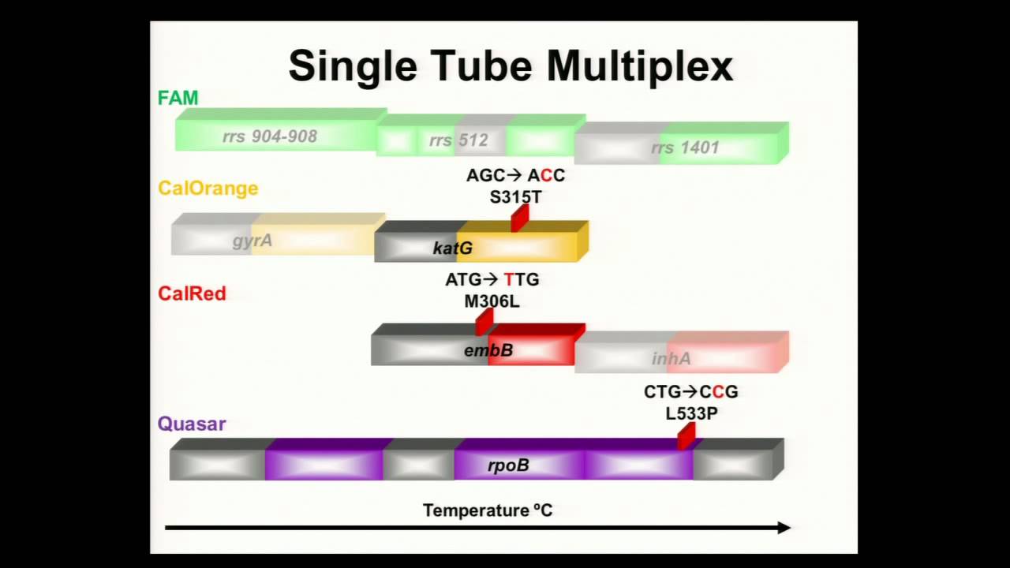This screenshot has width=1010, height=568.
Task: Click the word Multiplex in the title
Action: [640, 66]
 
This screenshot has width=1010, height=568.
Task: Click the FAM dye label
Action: [178, 99]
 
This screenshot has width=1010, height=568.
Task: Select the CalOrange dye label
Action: [208, 189]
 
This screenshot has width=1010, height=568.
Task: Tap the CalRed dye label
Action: [192, 293]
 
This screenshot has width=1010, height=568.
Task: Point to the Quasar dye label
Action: [192, 424]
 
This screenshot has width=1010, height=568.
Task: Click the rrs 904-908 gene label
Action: [270, 136]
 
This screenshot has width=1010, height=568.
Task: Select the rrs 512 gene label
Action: [458, 141]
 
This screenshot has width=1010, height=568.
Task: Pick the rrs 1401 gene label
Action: [685, 148]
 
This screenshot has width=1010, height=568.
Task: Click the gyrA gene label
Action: [252, 241]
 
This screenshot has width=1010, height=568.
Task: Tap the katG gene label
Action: [453, 248]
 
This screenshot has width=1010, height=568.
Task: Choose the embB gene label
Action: [488, 350]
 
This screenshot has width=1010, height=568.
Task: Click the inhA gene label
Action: [671, 359]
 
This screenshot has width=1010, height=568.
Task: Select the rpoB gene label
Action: [508, 465]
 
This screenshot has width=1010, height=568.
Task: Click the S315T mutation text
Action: [515, 197]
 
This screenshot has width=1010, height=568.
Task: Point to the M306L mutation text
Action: [492, 301]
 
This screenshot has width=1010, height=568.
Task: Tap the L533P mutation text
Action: [691, 413]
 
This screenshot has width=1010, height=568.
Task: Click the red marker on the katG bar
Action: [519, 219]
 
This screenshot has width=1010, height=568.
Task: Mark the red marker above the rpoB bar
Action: [686, 435]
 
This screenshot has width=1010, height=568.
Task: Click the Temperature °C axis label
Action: [488, 510]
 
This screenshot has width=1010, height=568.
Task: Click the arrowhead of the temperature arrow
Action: [784, 528]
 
